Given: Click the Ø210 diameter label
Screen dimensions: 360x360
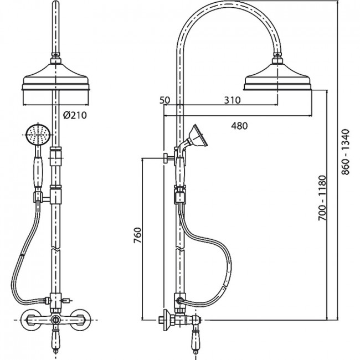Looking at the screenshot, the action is click(x=75, y=115).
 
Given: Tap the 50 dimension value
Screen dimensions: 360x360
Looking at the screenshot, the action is click(x=164, y=100).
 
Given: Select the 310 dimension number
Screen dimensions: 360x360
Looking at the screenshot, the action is click(x=233, y=100).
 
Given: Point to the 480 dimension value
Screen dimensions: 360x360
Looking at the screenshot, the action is click(x=239, y=126).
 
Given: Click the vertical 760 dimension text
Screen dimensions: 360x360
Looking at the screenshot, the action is click(x=138, y=235).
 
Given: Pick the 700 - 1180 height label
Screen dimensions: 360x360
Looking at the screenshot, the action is click(x=322, y=198).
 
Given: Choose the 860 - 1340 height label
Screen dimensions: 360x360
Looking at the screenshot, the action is click(x=345, y=152).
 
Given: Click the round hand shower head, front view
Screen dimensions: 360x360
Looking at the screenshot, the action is click(x=38, y=135).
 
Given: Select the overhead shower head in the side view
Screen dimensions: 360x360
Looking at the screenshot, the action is click(x=278, y=76).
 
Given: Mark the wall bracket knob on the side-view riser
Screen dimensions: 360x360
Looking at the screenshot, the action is click(x=166, y=158).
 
